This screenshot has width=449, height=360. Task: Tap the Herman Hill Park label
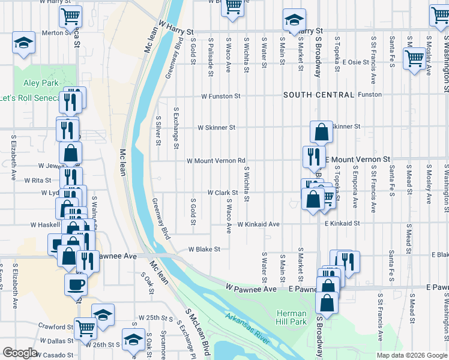point(292,317)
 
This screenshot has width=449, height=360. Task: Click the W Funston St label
point(220,95)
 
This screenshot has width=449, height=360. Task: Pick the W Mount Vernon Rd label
point(216,161)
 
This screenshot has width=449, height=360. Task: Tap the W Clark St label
point(224,193)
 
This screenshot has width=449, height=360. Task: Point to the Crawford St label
point(56,327)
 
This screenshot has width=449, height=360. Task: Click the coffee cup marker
point(76,284)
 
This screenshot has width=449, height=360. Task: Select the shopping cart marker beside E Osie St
point(414,58)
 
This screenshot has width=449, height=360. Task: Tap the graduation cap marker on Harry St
point(294,20)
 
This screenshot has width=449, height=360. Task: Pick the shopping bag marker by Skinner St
point(322,131)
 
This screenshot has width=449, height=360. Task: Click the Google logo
point(20,353)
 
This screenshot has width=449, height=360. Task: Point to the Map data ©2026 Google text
point(411,355)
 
